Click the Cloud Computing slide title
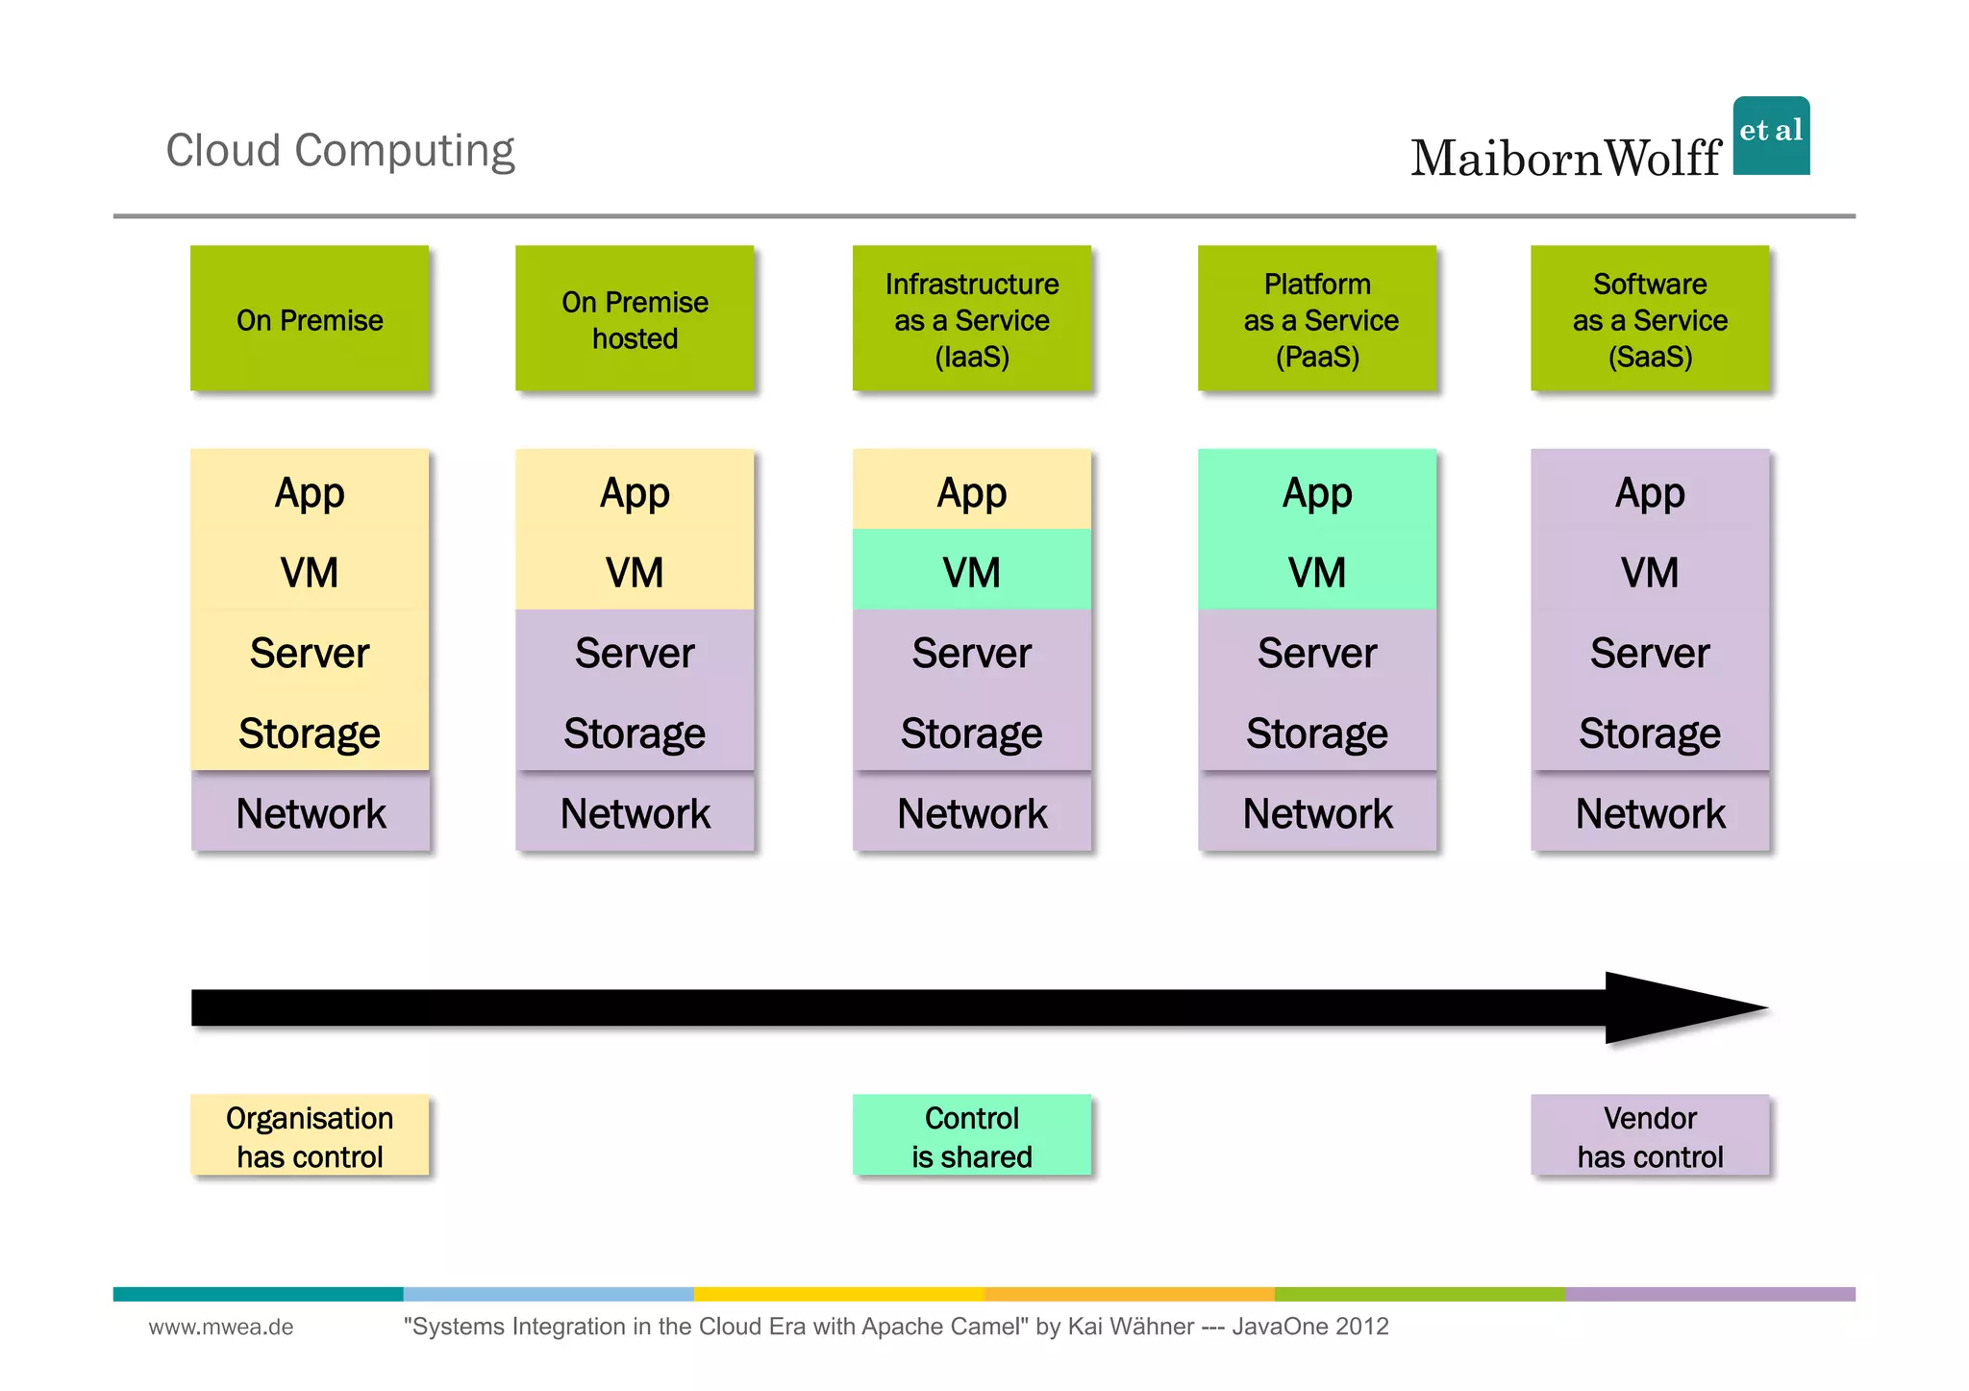coord(340,151)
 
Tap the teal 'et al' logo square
coord(1771,136)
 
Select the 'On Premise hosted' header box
coord(635,319)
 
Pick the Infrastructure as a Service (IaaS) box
coord(972,319)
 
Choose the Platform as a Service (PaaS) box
coord(1317,319)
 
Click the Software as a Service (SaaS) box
coord(1650,319)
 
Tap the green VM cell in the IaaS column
coord(972,572)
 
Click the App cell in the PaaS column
coord(1317,492)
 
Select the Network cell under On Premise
coord(311,813)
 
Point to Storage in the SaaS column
coord(1650,733)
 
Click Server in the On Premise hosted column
coord(635,653)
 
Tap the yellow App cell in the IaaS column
coord(972,492)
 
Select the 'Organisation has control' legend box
coord(310,1136)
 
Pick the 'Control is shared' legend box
coord(972,1136)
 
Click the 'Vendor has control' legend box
coord(1650,1136)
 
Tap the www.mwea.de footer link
coord(221,1327)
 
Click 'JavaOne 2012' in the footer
coord(1309,1327)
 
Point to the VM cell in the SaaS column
coord(1650,572)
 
